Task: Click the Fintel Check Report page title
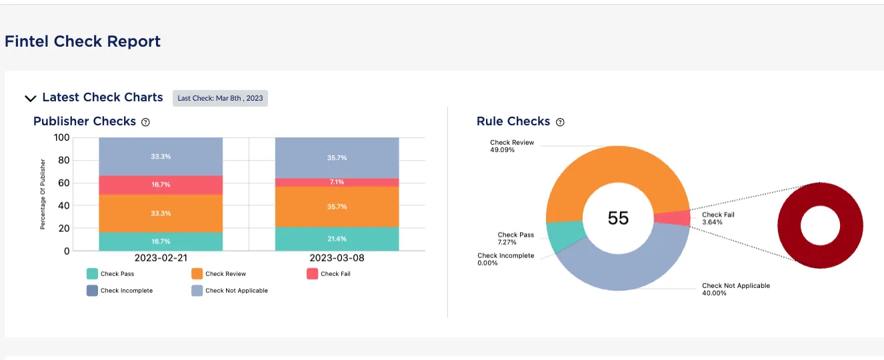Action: [x=83, y=41]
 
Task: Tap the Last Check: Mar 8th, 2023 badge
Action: [x=220, y=98]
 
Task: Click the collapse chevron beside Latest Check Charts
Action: [x=30, y=99]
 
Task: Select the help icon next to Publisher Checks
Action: [x=146, y=122]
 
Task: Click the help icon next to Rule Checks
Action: [x=560, y=122]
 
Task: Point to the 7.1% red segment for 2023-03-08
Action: [x=337, y=182]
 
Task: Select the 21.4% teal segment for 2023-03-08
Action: [x=337, y=239]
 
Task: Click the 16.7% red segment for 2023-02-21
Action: [x=161, y=185]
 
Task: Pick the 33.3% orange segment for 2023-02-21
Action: [x=161, y=213]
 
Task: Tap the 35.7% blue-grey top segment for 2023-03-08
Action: [x=337, y=158]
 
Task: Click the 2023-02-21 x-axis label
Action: [x=161, y=258]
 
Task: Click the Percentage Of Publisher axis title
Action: [x=43, y=194]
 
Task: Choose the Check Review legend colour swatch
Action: [x=197, y=273]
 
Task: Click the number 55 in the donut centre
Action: [x=618, y=218]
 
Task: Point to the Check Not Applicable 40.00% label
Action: [x=735, y=289]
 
